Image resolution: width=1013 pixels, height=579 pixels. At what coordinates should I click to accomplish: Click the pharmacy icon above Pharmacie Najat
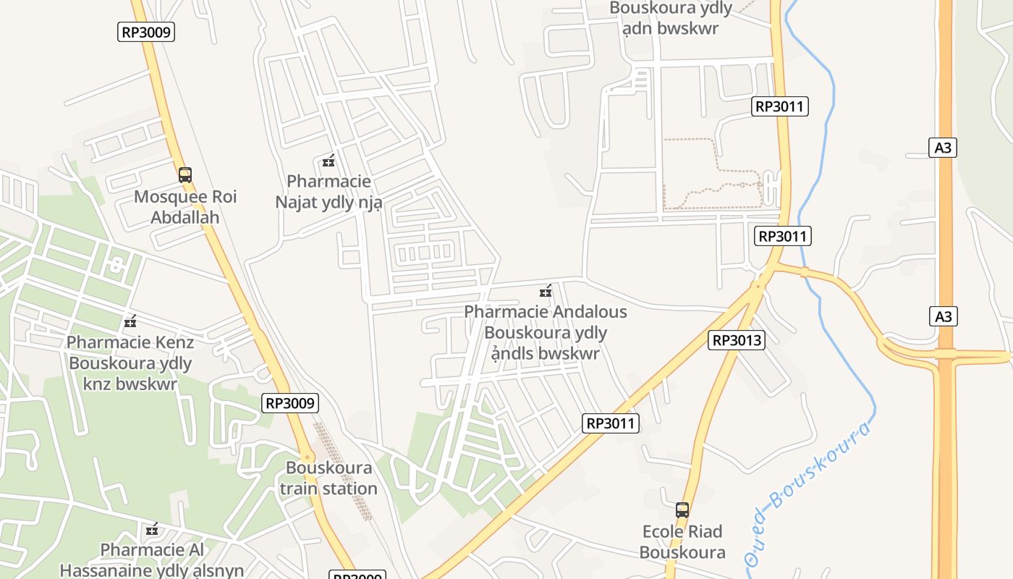point(329,161)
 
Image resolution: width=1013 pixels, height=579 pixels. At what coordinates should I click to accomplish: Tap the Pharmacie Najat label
point(329,191)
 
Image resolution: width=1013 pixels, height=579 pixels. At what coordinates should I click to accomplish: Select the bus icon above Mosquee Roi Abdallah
point(185,174)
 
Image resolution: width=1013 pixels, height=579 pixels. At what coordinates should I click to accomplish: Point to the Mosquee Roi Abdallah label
point(185,207)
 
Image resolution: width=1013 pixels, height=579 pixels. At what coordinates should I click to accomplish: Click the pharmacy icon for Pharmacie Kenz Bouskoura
point(130,321)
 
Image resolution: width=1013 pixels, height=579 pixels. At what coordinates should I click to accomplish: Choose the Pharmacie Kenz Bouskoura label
point(130,363)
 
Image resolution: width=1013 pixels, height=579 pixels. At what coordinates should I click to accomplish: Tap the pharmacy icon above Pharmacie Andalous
point(546,292)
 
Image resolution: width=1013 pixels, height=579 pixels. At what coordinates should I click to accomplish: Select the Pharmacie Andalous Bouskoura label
point(546,332)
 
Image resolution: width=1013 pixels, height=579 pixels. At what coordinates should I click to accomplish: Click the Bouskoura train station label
point(329,478)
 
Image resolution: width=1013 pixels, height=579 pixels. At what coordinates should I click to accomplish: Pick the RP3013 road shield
point(737,340)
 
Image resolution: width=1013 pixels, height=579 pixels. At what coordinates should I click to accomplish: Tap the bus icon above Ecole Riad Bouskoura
point(682,510)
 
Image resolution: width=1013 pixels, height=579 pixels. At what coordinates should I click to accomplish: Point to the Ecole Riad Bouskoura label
point(682,542)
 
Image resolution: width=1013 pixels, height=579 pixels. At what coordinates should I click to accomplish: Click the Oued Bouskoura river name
point(809,492)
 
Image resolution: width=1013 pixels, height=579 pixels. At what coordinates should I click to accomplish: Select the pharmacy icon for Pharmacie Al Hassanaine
point(152,530)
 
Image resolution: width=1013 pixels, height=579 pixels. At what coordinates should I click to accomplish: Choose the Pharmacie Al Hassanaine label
point(152,560)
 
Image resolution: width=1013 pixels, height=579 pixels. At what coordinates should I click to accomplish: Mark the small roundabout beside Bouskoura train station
point(308,457)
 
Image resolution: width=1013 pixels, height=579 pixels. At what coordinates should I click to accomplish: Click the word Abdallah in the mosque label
point(185,217)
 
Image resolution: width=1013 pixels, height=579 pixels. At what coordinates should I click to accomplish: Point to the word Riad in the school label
point(703,532)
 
